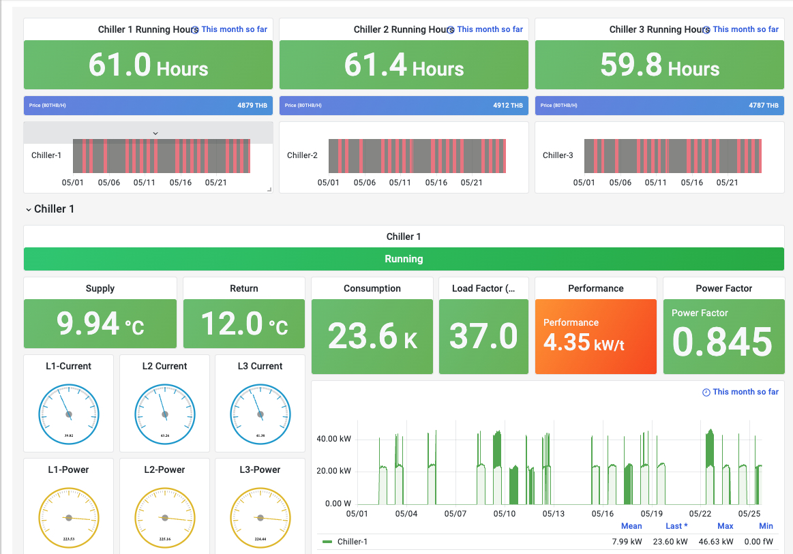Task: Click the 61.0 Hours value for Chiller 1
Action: (148, 65)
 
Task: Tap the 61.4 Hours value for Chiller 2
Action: (404, 65)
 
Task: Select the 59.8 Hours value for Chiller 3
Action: (659, 65)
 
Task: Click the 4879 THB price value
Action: (252, 106)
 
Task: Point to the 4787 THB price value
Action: (763, 106)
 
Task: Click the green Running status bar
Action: (404, 259)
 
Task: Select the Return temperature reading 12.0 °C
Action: (243, 324)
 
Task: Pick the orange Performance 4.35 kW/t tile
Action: (595, 337)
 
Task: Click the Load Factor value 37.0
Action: (483, 337)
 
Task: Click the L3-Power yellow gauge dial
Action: (260, 517)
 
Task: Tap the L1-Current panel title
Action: (68, 366)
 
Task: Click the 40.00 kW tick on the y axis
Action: (333, 439)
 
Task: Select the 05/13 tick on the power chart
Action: (553, 513)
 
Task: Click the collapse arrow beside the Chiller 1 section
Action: (28, 210)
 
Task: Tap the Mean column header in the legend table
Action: (631, 526)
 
